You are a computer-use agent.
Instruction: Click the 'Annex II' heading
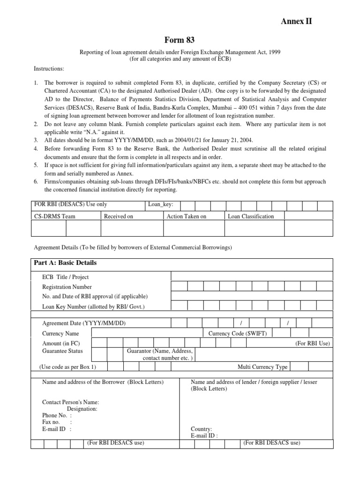[296, 21]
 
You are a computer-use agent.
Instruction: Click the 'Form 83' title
[180, 41]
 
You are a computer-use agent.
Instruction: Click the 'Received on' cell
[119, 216]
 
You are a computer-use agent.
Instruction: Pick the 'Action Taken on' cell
[186, 216]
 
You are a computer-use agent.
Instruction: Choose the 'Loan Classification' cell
[251, 216]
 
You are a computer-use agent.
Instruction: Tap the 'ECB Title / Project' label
[65, 277]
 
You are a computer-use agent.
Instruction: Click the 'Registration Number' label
[67, 287]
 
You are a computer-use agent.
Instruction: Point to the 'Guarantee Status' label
[62, 351]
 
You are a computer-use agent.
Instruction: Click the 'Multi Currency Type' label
[262, 367]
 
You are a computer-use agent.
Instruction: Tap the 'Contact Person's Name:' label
[70, 402]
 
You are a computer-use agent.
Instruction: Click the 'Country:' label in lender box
[202, 429]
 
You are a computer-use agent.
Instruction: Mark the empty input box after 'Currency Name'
[147, 333]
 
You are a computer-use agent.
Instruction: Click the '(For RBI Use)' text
[313, 343]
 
